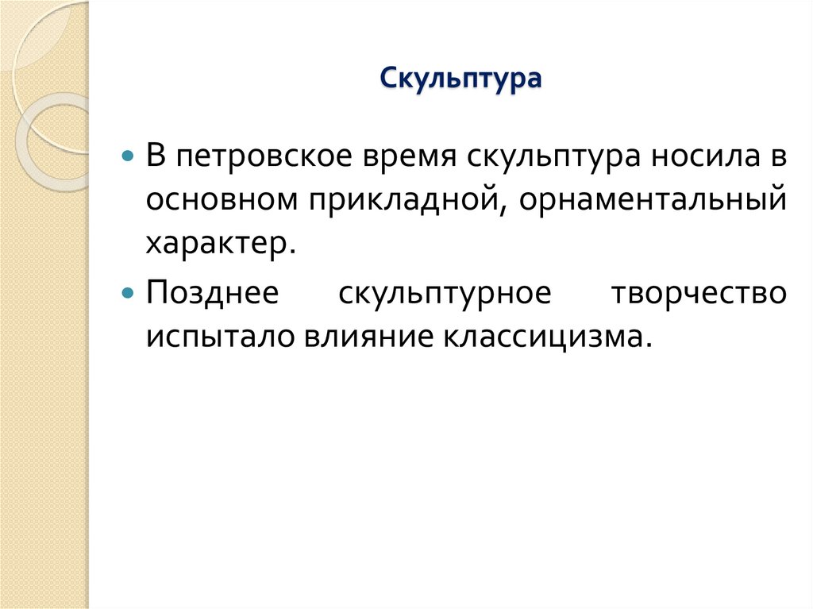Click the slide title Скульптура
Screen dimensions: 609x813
tap(460, 79)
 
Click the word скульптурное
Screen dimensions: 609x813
tap(445, 295)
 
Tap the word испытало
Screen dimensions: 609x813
tap(217, 338)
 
